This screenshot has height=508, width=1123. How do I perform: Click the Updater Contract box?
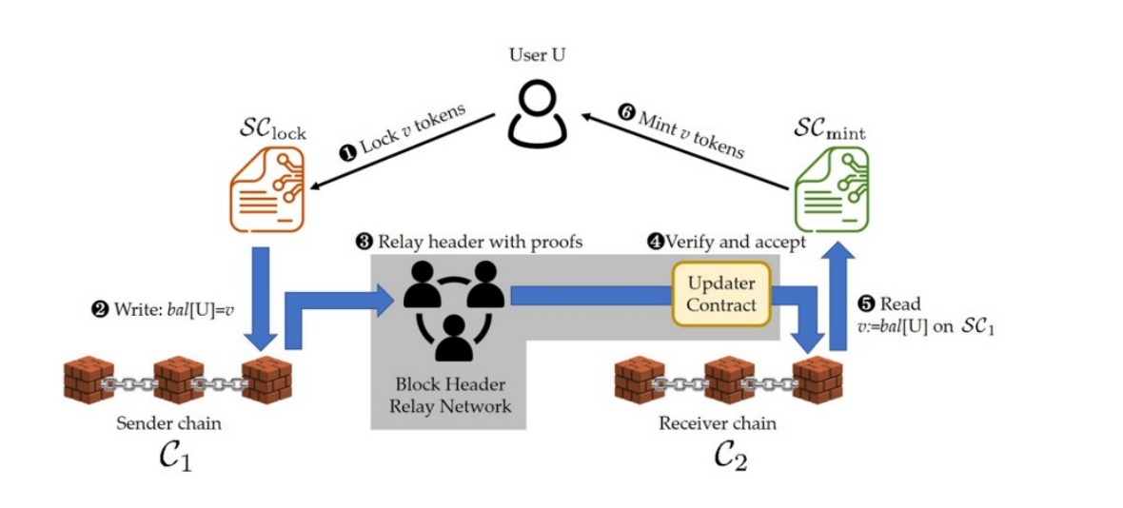[x=721, y=294]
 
